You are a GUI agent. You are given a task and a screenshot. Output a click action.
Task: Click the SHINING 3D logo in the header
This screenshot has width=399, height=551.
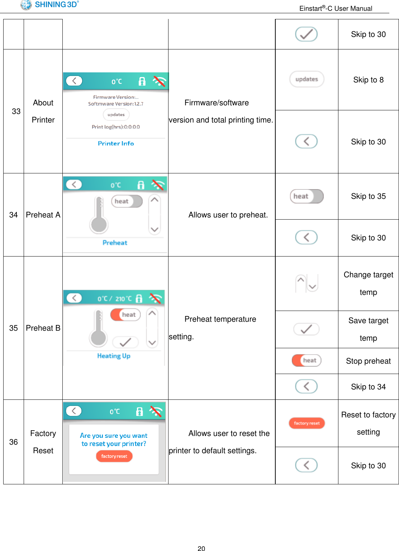tap(49, 5)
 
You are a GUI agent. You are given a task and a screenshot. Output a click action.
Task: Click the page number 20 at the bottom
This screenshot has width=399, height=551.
tap(201, 548)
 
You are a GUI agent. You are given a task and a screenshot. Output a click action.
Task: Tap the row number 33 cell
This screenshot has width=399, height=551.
tap(16, 111)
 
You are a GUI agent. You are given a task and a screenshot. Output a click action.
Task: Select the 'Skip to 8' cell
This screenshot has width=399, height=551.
tap(368, 80)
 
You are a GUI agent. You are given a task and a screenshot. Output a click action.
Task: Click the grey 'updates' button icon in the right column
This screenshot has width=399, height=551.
tap(307, 79)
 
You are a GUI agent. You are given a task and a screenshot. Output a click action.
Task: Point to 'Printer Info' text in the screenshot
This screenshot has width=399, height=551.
tap(116, 143)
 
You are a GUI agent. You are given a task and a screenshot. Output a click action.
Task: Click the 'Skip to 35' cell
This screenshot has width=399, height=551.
tap(368, 196)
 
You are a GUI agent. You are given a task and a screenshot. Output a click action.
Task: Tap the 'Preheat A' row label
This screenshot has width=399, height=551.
tap(43, 215)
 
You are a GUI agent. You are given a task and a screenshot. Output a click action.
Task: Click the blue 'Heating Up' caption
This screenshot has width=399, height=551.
tap(114, 356)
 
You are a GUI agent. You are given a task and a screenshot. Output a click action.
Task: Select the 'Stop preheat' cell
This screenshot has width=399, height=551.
tap(368, 361)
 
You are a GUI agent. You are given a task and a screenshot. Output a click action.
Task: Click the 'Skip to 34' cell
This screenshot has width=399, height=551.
tap(368, 387)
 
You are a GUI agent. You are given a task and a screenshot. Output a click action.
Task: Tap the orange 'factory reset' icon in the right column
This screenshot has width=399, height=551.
tap(307, 423)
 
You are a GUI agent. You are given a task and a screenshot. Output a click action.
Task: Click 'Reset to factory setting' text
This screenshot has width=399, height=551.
tap(368, 423)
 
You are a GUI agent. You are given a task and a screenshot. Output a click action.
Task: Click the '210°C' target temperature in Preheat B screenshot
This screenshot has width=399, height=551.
tap(123, 299)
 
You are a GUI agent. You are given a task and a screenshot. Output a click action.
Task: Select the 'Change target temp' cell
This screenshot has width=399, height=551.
tap(368, 283)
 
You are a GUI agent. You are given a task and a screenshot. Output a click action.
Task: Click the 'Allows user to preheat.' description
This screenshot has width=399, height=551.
tap(228, 215)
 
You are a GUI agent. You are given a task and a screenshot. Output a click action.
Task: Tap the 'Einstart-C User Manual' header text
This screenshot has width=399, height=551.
tap(336, 8)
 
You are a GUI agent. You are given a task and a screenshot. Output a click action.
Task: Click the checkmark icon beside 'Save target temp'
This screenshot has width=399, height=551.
tap(306, 329)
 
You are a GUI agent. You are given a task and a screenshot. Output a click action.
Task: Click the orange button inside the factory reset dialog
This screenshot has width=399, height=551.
tap(114, 456)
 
